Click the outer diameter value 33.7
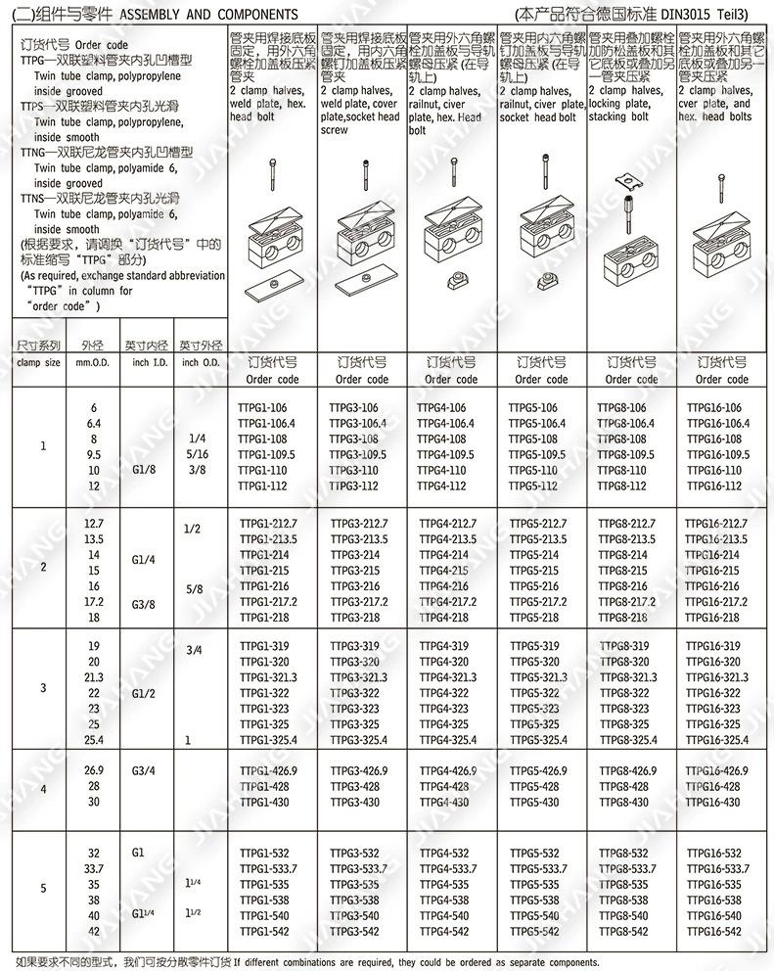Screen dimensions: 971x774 point(94,868)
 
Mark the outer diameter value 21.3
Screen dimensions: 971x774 point(94,676)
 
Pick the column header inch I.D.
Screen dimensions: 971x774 point(147,362)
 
